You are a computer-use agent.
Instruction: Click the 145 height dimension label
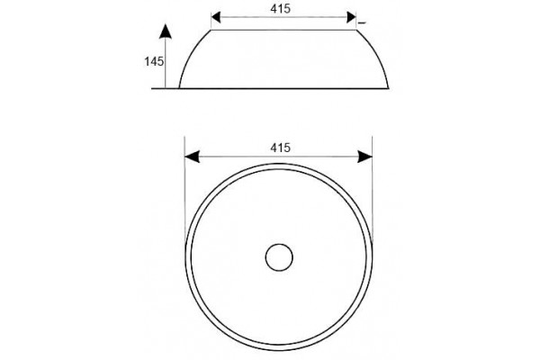154,62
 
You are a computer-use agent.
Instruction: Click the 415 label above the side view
280,9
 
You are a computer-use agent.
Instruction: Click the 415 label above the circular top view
280,148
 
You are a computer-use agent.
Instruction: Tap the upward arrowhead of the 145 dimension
166,31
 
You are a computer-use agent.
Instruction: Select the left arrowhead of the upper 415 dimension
216,17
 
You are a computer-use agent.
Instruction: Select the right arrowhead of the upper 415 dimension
351,17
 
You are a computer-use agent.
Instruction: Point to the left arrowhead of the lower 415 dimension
193,157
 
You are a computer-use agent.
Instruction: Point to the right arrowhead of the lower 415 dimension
365,157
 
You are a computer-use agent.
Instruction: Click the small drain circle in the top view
279,257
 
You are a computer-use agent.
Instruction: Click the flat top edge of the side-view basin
283,30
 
